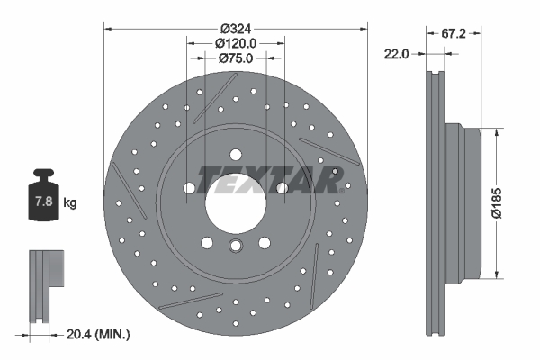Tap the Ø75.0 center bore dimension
pos(237,58)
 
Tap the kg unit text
pos(70,203)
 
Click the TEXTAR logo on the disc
pos(270,180)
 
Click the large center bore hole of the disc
pos(237,200)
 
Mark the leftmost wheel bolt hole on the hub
pos(190,187)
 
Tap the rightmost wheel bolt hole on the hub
pos(283,187)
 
